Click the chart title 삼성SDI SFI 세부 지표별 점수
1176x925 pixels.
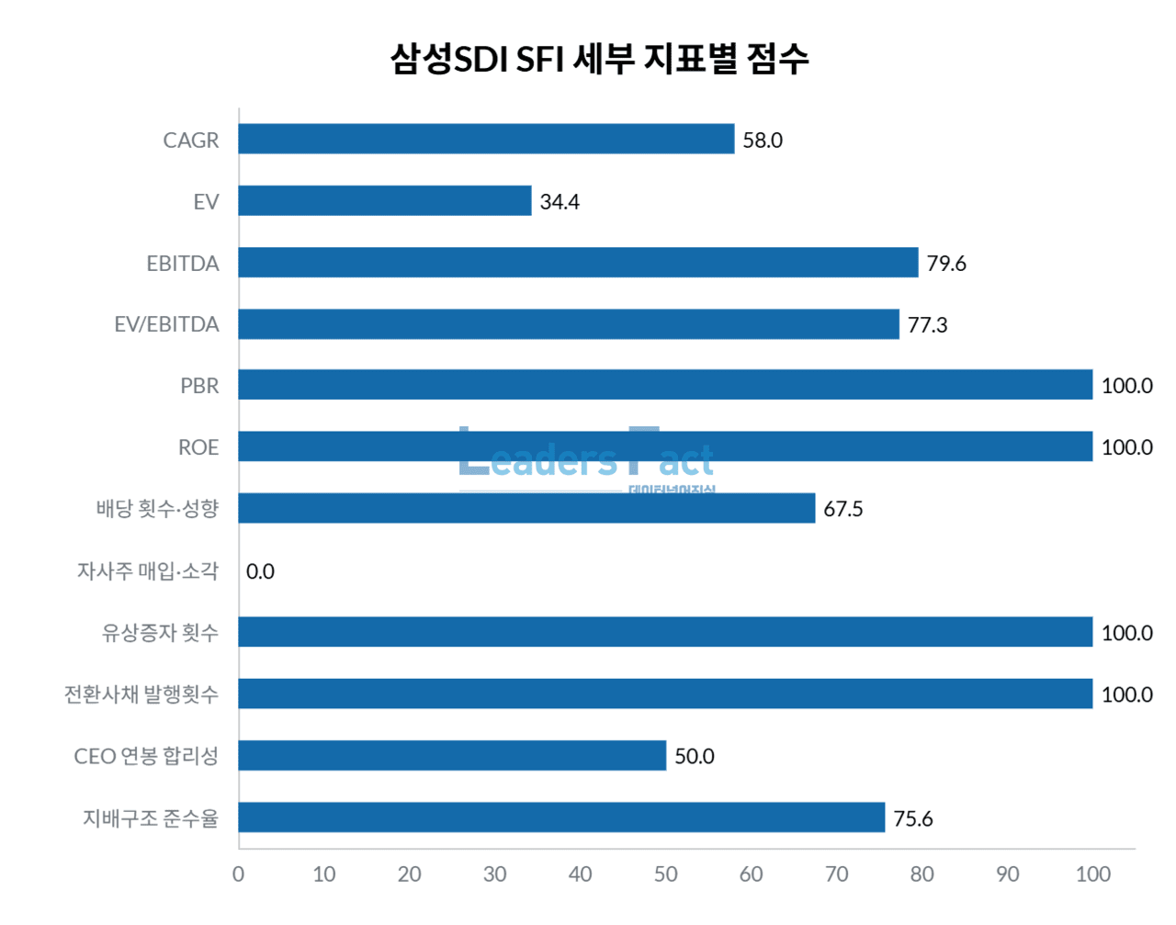tap(599, 59)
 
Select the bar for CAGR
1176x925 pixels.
tap(486, 139)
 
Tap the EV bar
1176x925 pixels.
tap(385, 200)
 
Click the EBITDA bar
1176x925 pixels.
tap(578, 263)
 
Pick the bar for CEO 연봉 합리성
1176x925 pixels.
tap(452, 755)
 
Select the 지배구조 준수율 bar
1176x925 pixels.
tap(561, 818)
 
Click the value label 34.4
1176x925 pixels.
tap(560, 202)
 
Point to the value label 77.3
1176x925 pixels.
tap(927, 325)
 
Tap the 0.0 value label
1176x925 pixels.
tap(260, 571)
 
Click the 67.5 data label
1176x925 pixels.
tap(842, 510)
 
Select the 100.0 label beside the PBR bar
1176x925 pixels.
tap(1126, 386)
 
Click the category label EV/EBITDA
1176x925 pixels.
tap(166, 324)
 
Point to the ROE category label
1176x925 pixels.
tap(198, 447)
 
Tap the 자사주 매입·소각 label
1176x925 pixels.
tap(148, 571)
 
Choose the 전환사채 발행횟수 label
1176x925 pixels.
tap(141, 694)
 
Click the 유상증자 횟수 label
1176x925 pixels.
tap(160, 633)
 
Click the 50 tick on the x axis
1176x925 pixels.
tap(665, 874)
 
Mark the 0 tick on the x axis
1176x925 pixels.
tap(239, 874)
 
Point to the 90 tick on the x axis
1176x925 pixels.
tap(1007, 874)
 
